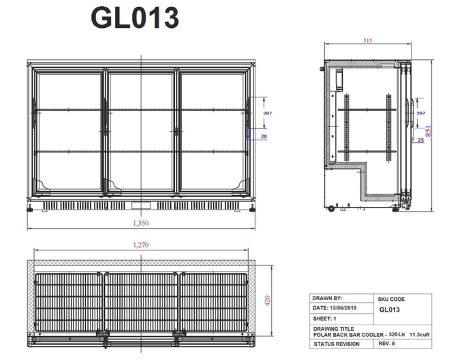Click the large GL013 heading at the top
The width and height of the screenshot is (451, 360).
pyautogui.click(x=134, y=18)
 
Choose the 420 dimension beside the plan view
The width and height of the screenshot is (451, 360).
pyautogui.click(x=268, y=299)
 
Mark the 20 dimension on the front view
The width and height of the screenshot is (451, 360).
pyautogui.click(x=263, y=137)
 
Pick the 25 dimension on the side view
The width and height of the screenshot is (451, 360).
pyautogui.click(x=421, y=140)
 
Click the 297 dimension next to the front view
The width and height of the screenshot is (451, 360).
pyautogui.click(x=267, y=114)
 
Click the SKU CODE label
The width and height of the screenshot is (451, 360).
pyautogui.click(x=391, y=299)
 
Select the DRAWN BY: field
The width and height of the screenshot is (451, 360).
pyautogui.click(x=328, y=298)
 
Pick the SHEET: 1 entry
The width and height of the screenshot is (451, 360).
pyautogui.click(x=324, y=318)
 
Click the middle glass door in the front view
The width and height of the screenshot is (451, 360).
pyautogui.click(x=141, y=129)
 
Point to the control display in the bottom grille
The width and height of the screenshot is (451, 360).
pyautogui.click(x=141, y=206)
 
